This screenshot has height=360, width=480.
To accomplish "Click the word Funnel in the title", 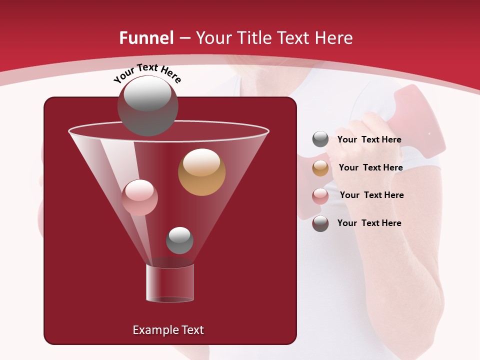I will click(146, 38).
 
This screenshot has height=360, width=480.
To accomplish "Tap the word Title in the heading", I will click(254, 38).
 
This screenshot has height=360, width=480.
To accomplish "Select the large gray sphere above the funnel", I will click(147, 106).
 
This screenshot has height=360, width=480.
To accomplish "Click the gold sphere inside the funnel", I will click(202, 172).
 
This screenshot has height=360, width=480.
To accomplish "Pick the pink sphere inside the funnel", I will click(140, 197).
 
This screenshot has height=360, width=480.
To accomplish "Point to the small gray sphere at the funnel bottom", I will click(179, 240).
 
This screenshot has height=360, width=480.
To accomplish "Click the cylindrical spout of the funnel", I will click(170, 283).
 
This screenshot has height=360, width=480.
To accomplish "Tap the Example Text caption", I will click(168, 330).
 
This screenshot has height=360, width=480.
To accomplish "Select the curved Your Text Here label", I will click(147, 73).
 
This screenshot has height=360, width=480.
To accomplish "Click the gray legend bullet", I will click(320, 139).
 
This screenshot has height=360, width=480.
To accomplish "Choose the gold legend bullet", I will click(320, 168).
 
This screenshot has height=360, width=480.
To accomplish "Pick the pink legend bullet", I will click(320, 196).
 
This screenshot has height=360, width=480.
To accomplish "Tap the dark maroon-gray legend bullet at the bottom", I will click(320, 223).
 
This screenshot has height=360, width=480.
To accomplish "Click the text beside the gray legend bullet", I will click(369, 140).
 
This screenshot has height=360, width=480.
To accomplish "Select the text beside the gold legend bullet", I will click(370, 167).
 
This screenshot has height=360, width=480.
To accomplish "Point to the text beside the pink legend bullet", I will click(371, 195).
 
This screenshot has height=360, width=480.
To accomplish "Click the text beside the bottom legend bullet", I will click(369, 223).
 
